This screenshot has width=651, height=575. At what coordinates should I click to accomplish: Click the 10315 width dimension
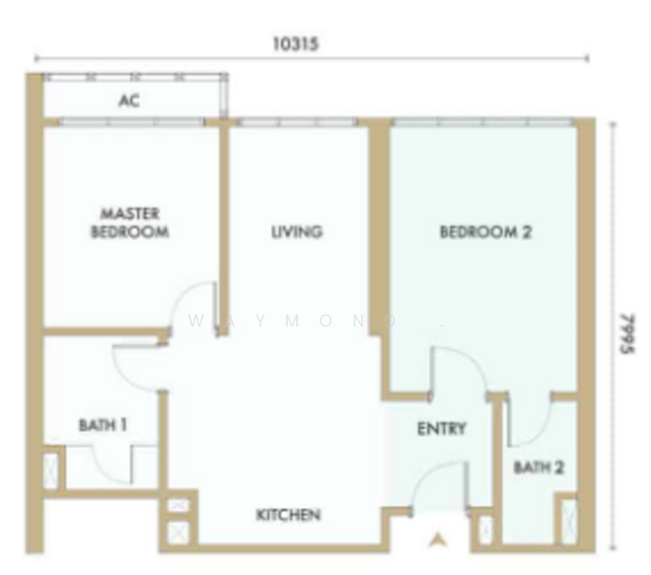point(295,44)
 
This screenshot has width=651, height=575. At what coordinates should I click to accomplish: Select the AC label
point(129,100)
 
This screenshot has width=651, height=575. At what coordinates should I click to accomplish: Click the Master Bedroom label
point(130,222)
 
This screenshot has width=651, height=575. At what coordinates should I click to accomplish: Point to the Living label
point(296,232)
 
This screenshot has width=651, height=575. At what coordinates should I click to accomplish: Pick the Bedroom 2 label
point(485,232)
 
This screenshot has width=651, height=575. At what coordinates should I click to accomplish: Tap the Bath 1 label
point(103,423)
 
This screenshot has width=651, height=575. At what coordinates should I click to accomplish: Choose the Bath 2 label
point(538,468)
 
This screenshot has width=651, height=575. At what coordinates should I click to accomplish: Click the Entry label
point(441,428)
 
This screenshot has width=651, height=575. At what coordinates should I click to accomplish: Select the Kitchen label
point(288,515)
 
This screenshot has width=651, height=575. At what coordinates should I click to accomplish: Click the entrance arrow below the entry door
point(439,541)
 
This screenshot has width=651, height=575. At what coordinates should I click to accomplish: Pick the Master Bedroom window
point(130,122)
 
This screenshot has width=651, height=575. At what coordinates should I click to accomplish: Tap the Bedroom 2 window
point(483,122)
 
